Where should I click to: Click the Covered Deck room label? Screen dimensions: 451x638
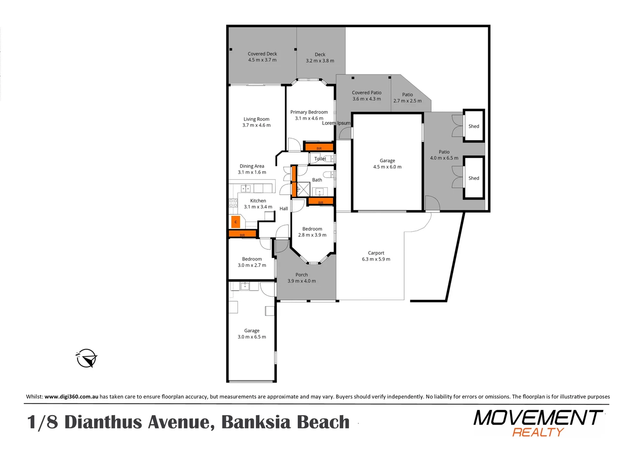262,57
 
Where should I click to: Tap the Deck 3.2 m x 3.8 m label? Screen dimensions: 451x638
320,58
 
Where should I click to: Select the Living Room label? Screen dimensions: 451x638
256,122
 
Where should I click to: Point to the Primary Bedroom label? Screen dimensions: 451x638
309,115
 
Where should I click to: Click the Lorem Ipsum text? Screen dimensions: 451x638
336,123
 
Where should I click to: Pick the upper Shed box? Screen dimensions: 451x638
473,126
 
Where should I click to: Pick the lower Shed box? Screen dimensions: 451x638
473,178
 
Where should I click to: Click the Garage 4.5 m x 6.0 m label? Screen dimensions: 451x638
387,164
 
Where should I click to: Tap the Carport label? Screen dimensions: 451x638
376,256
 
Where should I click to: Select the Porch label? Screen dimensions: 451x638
301,278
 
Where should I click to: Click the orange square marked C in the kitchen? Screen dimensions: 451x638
235,222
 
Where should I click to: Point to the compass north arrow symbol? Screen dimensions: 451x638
86,358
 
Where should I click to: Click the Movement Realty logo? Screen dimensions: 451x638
538,423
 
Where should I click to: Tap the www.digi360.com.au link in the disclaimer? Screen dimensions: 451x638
71,397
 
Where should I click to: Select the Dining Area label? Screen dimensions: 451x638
252,169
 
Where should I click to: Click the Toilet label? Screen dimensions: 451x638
320,159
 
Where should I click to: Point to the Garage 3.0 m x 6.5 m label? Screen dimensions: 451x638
252,334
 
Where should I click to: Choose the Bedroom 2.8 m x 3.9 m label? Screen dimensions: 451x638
312,232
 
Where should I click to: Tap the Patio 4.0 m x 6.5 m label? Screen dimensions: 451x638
444,155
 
